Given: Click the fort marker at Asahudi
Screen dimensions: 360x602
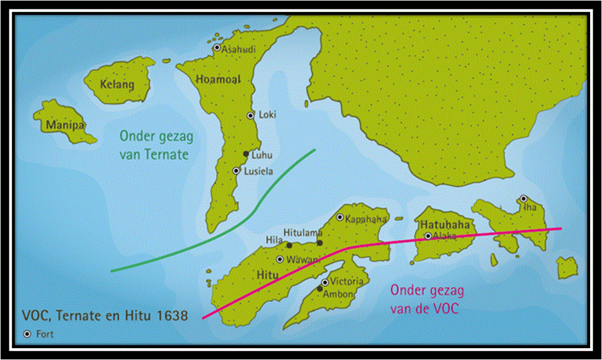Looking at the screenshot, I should tap(217, 48).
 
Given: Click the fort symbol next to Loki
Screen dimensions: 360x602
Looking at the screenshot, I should tap(250, 116).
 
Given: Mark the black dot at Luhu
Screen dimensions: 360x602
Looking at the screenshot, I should tap(246, 154).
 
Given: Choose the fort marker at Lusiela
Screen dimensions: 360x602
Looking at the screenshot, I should tap(236, 171).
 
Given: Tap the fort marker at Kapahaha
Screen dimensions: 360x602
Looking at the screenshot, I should tap(340, 217).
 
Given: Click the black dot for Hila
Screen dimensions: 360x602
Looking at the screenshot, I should tap(289, 245).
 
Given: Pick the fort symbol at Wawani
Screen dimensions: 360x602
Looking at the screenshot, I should tap(280, 259).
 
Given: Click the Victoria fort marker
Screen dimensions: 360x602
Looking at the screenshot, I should tap(325, 282).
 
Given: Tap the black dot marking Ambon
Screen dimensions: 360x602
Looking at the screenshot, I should tap(320, 289).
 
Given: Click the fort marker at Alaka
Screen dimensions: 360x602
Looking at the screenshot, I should tap(428, 236).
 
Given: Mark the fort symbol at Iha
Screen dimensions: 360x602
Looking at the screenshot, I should tap(524, 199).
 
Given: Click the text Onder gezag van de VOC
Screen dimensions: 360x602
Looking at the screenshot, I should tap(427, 298).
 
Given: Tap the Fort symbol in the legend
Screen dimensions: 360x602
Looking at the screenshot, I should tap(27, 334).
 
